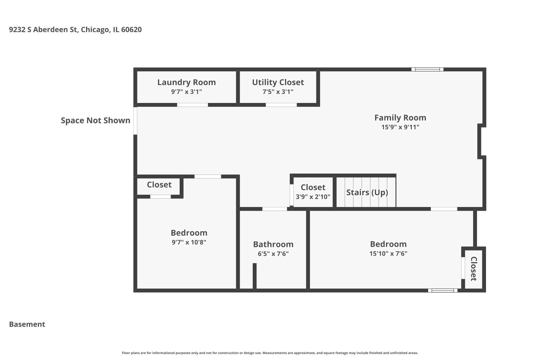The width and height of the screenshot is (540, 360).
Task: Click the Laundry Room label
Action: coord(186,82)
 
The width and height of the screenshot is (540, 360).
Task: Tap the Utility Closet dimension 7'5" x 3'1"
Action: coord(278,92)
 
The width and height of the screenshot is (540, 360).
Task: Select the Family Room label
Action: coord(400,118)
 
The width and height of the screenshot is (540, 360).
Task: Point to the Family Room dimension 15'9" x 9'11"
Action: coord(400,127)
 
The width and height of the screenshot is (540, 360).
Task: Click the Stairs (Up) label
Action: coord(367,192)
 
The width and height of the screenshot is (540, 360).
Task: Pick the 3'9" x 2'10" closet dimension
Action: coord(313,197)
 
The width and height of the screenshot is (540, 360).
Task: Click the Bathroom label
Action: coord(273,244)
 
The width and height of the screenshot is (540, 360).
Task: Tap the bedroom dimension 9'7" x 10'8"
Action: coord(189,242)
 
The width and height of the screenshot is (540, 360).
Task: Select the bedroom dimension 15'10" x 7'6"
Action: coord(388,253)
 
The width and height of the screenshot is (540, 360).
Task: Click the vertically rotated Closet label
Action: coord(473,269)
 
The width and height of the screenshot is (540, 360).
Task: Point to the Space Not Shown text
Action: coord(95,121)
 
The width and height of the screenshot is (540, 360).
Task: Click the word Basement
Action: coord(27,324)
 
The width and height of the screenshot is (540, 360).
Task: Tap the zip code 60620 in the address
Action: coord(131,30)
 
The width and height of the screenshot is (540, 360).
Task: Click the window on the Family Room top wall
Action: coord(427,69)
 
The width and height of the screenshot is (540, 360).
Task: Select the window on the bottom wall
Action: coord(443,291)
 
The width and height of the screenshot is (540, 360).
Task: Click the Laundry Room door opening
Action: coord(192,105)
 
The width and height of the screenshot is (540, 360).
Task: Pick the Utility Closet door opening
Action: coord(281,105)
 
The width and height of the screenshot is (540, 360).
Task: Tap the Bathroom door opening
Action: coord(274,209)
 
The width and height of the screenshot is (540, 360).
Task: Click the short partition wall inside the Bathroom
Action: coord(255,276)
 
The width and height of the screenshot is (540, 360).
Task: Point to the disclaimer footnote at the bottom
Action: coord(270,353)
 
